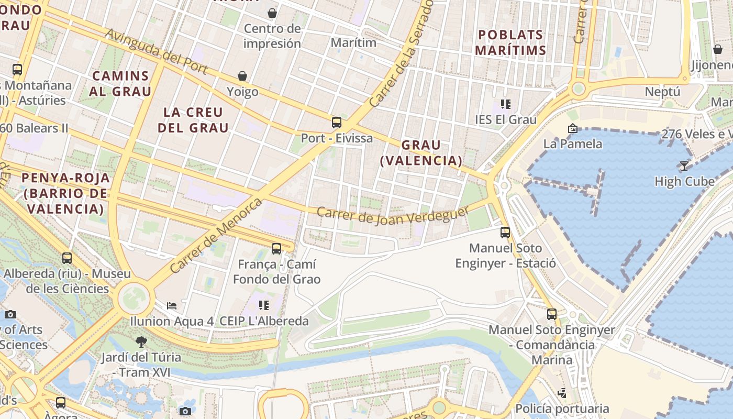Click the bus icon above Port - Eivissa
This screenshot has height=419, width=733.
point(337,123)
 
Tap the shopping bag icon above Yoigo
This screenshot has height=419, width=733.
point(242,76)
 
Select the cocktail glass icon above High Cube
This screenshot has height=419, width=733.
point(684,166)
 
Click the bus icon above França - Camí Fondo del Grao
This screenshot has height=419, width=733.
point(276,249)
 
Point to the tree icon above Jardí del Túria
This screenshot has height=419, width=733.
point(141,342)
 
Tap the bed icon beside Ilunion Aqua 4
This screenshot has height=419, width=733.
point(172,305)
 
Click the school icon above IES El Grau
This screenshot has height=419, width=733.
point(505,104)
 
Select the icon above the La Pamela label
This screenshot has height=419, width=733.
point(572,128)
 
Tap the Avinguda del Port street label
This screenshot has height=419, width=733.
point(157,51)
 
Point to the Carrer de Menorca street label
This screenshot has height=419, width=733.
point(216,235)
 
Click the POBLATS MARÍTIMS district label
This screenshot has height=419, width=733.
point(511,42)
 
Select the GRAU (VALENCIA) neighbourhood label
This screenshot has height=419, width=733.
point(421,152)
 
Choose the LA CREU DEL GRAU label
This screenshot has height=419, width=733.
point(193,120)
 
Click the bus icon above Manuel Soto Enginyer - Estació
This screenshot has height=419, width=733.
point(505,232)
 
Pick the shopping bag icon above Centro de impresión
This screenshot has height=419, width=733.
point(272,13)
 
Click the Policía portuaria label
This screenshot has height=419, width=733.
point(562,408)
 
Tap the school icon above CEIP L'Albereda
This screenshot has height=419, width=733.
point(264,305)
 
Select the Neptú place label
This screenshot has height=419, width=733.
point(662,92)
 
